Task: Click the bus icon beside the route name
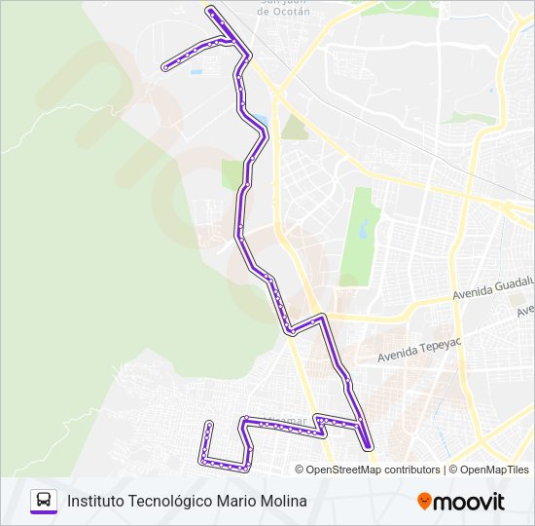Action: tap(44, 501)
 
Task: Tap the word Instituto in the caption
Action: tap(95, 501)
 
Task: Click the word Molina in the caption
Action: tap(283, 501)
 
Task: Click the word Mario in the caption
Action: tap(235, 501)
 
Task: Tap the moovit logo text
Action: tap(470, 502)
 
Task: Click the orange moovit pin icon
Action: tap(424, 502)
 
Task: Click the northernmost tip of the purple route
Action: tap(209, 10)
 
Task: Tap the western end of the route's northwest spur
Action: tap(166, 65)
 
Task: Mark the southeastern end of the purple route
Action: tap(370, 447)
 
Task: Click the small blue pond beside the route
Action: tap(261, 124)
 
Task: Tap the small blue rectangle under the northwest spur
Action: tap(196, 71)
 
